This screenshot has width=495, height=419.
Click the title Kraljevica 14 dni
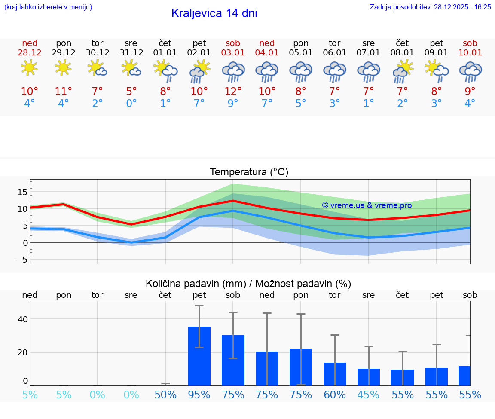(x=214, y=13)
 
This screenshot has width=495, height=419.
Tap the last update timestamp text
(x=430, y=7)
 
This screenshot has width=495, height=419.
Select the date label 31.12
(x=131, y=52)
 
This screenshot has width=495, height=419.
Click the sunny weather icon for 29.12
(x=63, y=67)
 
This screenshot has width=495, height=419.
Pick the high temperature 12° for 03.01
(x=233, y=92)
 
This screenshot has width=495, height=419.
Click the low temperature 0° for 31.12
(x=131, y=104)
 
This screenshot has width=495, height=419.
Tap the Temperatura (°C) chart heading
(x=249, y=172)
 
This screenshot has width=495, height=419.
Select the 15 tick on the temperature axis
(x=22, y=192)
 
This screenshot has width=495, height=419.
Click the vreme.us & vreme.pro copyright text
(x=367, y=205)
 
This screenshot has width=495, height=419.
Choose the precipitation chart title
(x=248, y=284)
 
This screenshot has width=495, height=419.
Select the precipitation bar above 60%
(x=335, y=374)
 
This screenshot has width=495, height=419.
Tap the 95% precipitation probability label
(x=199, y=395)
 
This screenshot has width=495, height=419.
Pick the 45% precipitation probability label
(x=369, y=395)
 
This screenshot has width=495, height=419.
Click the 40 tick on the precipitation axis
(x=22, y=319)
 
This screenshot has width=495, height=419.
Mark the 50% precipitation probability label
(x=165, y=395)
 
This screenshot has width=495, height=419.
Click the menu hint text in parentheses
(x=48, y=7)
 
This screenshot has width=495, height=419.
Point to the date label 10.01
(x=470, y=52)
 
